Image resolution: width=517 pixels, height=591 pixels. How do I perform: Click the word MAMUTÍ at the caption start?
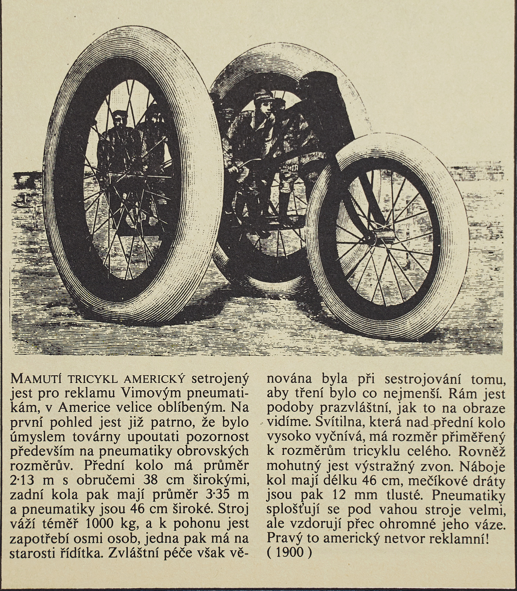click(35, 379)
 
